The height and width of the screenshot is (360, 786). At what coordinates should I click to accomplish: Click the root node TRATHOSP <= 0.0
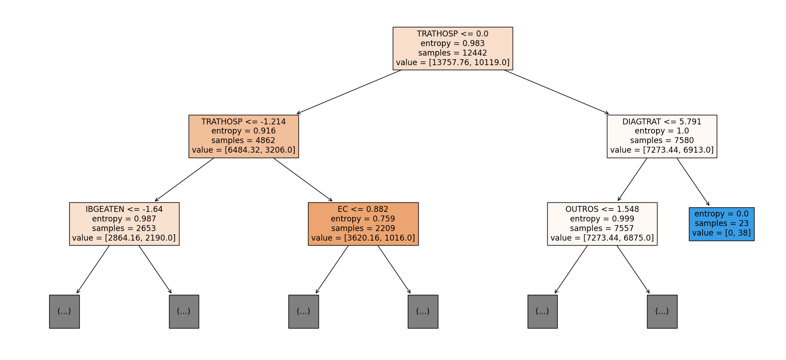coord(452,48)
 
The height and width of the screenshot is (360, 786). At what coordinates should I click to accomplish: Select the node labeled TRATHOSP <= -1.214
coord(244,136)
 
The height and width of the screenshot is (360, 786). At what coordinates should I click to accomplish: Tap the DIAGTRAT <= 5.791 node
coord(662,136)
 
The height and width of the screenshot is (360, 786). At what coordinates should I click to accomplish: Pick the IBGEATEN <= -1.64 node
coord(124,224)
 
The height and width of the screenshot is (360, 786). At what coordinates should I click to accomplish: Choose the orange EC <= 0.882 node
coord(363,224)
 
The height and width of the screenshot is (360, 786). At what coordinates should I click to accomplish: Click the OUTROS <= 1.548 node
coord(602,224)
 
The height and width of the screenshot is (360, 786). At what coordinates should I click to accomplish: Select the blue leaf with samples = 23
coord(721,224)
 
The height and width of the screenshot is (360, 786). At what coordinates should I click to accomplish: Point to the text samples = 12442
coord(452,53)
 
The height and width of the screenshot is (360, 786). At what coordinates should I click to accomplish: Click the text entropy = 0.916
coord(244,131)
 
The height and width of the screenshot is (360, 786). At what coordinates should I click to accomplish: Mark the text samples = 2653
coord(124,228)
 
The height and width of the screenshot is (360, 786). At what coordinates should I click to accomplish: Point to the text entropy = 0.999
coord(602,219)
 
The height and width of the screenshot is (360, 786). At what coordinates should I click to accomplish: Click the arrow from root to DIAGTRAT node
coord(556,92)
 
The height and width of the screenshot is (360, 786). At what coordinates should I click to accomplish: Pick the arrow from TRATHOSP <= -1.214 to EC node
coord(303,180)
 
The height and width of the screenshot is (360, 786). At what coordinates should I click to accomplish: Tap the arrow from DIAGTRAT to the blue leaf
coord(693,182)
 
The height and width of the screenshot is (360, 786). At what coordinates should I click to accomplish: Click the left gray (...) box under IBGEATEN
coord(64,311)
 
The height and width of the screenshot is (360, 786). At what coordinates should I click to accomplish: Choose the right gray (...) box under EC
coord(423,311)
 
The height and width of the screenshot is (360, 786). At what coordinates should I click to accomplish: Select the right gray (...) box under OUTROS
coord(662,311)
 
